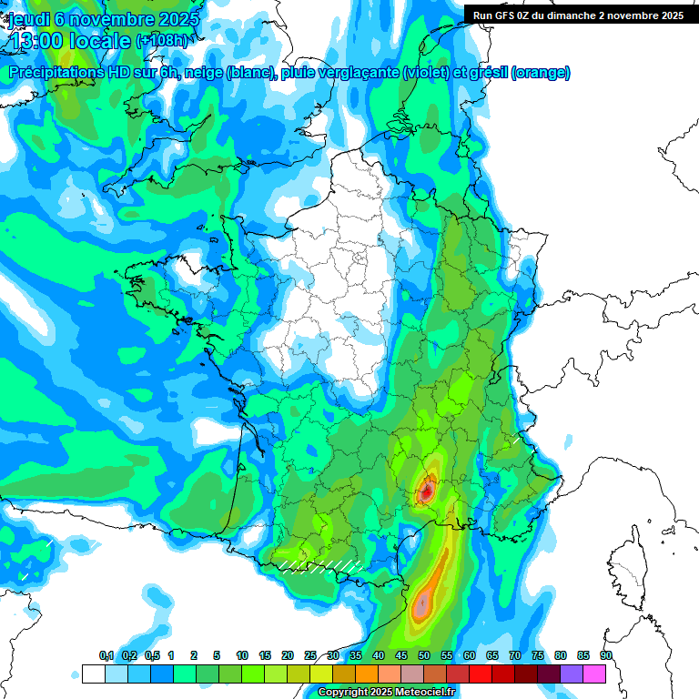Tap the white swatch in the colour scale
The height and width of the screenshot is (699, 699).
93,674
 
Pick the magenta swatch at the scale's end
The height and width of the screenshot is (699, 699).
594,674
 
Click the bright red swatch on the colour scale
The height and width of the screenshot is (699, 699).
481,674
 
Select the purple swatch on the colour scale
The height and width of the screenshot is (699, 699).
572,674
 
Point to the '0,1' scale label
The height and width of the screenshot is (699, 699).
106,656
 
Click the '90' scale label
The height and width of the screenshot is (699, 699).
606,656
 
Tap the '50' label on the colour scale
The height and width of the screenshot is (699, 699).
424,656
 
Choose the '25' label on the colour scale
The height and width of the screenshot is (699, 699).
310,656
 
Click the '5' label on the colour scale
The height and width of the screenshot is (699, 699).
217,656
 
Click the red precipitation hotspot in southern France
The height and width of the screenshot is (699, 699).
427,492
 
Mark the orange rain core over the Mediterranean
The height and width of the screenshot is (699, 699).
425,601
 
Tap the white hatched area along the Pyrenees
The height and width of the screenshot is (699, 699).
319,566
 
